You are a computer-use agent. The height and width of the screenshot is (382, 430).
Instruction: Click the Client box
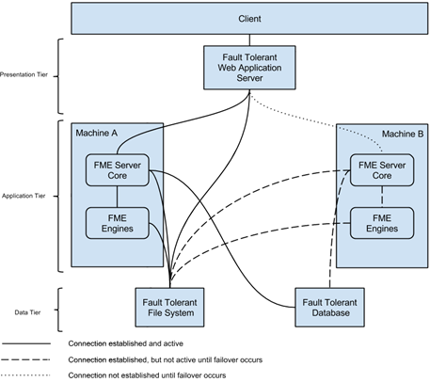click(249, 19)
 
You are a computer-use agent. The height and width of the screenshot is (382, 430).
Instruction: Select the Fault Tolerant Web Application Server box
click(249, 68)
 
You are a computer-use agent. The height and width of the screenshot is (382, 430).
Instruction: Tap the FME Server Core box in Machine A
click(118, 170)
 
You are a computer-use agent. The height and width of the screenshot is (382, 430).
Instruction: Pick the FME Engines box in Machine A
click(118, 223)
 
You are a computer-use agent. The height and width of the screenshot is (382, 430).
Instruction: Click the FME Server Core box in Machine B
click(382, 170)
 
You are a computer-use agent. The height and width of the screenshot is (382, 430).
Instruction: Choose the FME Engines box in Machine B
click(382, 223)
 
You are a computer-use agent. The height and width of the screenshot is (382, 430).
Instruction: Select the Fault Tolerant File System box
click(169, 308)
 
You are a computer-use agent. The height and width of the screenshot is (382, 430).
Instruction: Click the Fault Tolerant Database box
click(329, 308)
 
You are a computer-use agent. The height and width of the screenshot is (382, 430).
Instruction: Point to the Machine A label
click(97, 133)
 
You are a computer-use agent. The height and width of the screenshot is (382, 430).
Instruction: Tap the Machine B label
click(403, 134)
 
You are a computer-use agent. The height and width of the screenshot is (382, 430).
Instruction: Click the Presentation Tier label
click(24, 74)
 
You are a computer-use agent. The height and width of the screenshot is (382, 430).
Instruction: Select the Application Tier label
click(24, 196)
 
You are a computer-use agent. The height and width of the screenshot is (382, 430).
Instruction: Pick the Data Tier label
click(27, 312)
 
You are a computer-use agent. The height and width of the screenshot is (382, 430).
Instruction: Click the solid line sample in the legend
click(26, 343)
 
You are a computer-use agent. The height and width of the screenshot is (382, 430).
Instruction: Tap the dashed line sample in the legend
click(25, 359)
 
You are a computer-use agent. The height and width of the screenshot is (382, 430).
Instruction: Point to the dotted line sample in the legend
click(25, 375)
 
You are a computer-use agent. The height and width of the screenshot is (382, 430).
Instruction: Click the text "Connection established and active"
click(126, 343)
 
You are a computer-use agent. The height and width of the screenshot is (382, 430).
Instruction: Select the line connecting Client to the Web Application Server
click(249, 40)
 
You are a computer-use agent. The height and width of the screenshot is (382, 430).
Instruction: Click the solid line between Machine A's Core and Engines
click(118, 197)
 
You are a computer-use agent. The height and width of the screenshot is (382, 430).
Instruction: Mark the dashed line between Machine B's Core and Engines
click(382, 197)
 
